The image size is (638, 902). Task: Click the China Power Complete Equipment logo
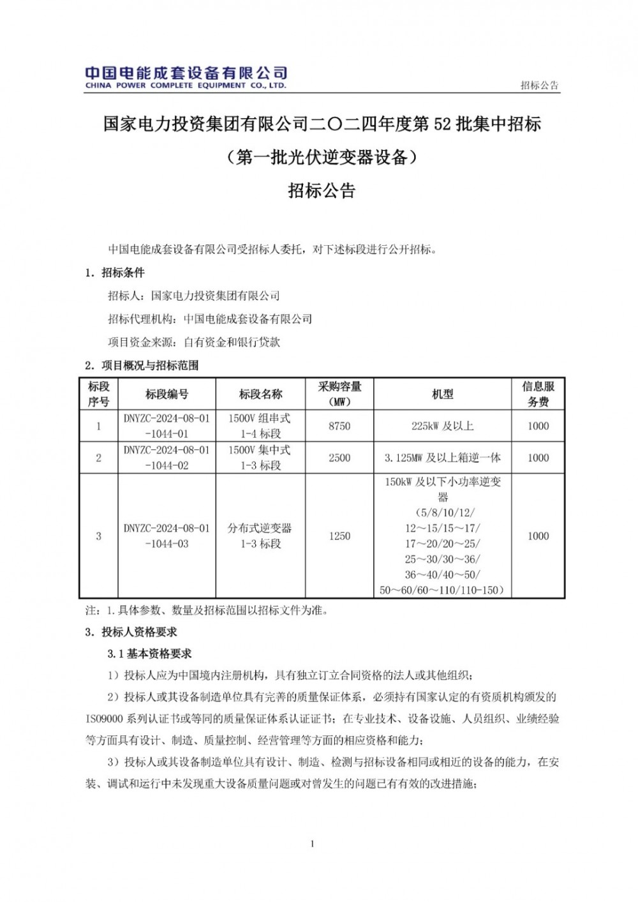pos(186,77)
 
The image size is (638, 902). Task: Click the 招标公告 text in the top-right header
pos(539,85)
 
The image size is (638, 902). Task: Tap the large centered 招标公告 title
pos(322,190)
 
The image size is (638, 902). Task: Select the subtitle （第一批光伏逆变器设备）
pos(322,157)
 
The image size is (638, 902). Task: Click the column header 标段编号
pos(167,395)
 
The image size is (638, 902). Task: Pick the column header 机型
pos(442,395)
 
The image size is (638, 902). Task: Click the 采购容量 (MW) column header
pos(339,395)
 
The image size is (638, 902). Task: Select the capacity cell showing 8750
pos(339,426)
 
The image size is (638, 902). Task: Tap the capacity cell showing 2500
pos(339,458)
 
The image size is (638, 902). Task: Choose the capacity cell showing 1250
pos(339,536)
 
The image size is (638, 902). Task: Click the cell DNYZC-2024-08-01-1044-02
pos(167,458)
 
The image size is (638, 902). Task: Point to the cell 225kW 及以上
pos(442,426)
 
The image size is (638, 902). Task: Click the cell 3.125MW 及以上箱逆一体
pos(442,458)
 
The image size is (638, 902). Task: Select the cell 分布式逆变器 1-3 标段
pos(260,536)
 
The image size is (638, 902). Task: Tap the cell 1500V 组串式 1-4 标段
pos(260,426)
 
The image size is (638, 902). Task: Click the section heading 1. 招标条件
pos(115,273)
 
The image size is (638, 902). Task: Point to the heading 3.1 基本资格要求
pos(150,654)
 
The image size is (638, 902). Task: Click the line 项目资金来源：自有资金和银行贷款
pos(194,342)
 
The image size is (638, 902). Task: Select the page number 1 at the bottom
pos(313,844)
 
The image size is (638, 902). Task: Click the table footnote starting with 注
pos(207,610)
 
